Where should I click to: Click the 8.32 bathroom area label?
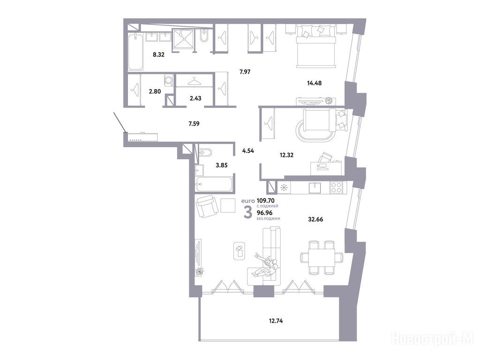click(158, 55)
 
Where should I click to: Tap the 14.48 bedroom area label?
click(314, 82)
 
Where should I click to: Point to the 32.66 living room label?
click(315, 219)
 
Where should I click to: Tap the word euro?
click(248, 201)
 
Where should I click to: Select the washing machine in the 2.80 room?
click(169, 80)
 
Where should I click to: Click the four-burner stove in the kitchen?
click(337, 187)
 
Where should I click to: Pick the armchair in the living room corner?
click(207, 206)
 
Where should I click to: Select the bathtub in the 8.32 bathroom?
click(135, 52)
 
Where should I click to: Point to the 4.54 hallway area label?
click(248, 150)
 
